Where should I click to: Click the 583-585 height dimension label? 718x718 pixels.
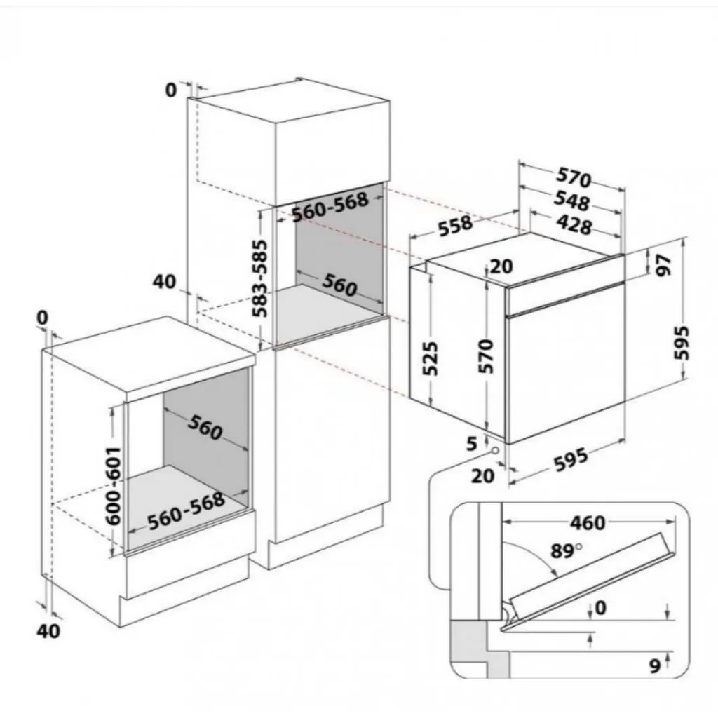261,278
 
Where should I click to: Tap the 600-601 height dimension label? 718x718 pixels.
113,487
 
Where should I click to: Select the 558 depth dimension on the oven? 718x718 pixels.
455,226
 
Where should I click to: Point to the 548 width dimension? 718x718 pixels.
572,201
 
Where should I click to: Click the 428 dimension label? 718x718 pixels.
574,224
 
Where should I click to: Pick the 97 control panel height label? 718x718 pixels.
663,265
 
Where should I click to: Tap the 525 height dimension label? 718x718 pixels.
430,358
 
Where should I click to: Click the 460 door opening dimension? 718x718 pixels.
588,522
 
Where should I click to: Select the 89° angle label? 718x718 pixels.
566,551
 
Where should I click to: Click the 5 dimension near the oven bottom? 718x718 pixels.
472,443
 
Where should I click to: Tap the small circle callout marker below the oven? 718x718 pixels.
495,451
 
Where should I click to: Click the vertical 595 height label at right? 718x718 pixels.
682,342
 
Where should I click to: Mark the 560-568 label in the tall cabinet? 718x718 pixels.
330,207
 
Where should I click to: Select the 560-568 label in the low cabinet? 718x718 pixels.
187,511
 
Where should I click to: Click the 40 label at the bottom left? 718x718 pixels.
48,631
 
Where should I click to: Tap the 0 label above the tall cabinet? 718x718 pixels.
171,90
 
